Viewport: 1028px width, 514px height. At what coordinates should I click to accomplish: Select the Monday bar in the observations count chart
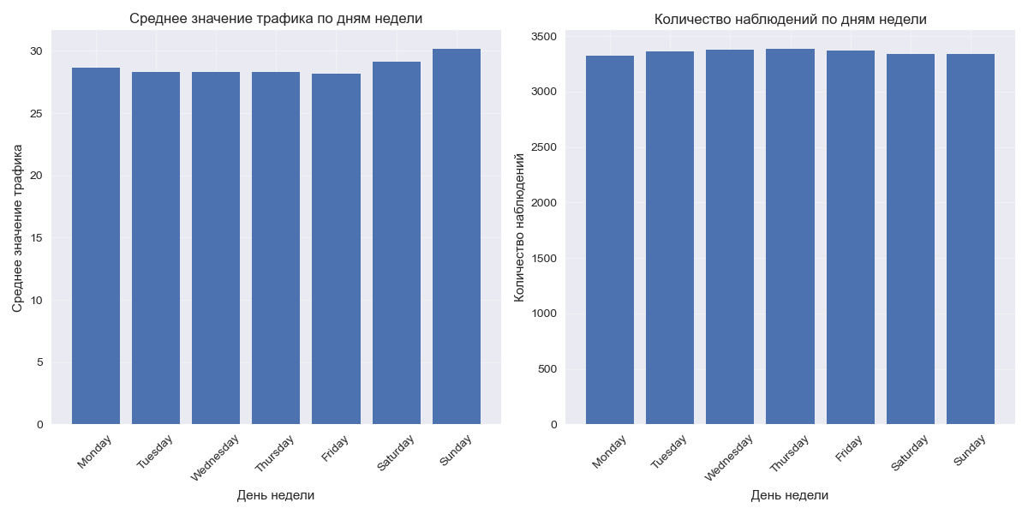(x=610, y=240)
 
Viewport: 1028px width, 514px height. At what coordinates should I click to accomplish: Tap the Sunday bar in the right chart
(x=970, y=239)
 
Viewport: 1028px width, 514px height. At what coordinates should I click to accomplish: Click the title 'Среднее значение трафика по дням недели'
(x=276, y=19)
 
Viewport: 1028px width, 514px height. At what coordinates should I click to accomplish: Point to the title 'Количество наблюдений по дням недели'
(x=790, y=19)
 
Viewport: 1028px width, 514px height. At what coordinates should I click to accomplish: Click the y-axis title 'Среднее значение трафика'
(x=17, y=227)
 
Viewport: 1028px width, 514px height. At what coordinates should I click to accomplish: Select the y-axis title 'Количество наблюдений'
(x=518, y=227)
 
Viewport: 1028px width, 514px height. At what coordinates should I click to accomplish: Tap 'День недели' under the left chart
(x=276, y=495)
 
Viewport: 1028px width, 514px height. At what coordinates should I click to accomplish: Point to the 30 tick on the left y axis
(x=36, y=51)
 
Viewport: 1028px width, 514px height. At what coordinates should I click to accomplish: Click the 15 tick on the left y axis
(x=36, y=238)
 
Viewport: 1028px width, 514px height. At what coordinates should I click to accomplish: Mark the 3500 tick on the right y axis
(x=543, y=37)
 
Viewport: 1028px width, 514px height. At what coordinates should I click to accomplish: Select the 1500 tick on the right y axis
(x=543, y=259)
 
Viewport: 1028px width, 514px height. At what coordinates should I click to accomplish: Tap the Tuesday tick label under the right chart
(x=670, y=452)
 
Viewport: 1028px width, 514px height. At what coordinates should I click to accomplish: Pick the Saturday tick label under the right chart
(x=910, y=452)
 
